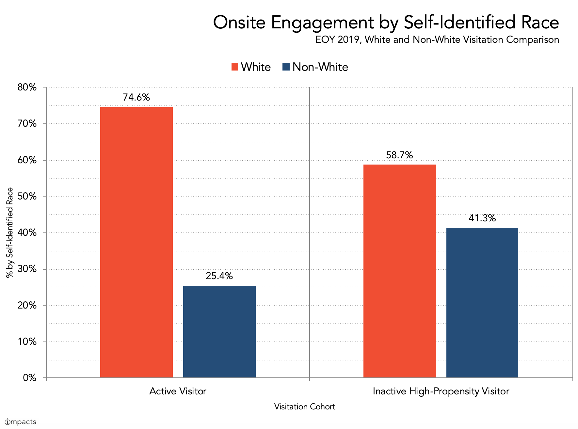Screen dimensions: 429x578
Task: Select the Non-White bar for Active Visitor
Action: click(219, 332)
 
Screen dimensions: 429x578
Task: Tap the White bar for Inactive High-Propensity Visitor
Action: click(399, 271)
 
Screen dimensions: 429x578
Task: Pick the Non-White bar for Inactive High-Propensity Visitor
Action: click(482, 303)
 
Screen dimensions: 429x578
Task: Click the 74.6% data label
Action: click(136, 97)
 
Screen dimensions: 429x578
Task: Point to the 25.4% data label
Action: click(219, 276)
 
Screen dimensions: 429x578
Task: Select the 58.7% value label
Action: click(399, 155)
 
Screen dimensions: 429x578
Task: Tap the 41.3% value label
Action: click(482, 218)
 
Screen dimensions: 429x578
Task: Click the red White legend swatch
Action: click(235, 67)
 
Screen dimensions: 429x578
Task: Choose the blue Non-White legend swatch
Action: click(286, 67)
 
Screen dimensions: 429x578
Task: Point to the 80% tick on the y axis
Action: click(27, 87)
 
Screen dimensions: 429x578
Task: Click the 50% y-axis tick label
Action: click(27, 196)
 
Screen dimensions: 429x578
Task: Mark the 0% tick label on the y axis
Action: click(29, 378)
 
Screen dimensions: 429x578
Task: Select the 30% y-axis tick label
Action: click(27, 269)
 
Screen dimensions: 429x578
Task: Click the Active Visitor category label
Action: click(178, 391)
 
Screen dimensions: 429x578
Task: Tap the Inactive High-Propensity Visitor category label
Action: click(441, 391)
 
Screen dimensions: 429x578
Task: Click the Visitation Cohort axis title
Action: click(304, 407)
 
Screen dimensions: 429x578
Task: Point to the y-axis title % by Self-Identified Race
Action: click(10, 232)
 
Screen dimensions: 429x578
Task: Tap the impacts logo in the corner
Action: click(21, 422)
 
